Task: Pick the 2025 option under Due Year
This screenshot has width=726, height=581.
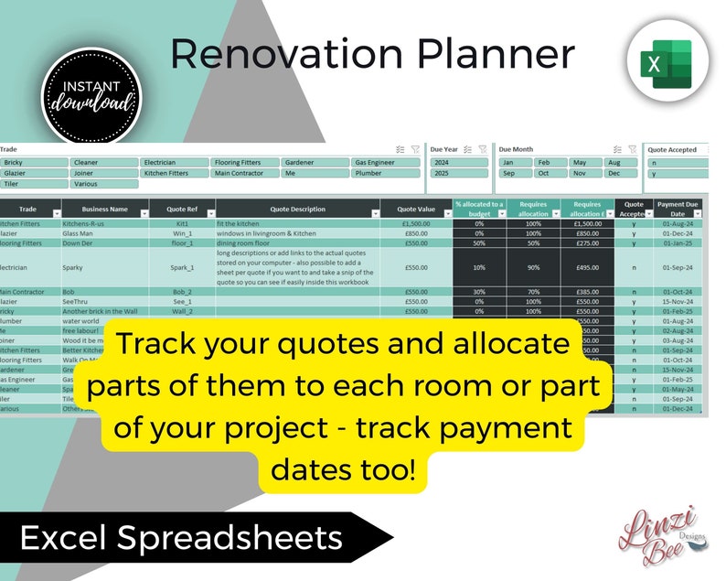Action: pyautogui.click(x=459, y=173)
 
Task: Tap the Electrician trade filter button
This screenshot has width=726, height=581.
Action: pyautogui.click(x=174, y=162)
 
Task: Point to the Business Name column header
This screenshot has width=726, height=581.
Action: pyautogui.click(x=103, y=210)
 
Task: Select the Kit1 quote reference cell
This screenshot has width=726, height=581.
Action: pyautogui.click(x=182, y=223)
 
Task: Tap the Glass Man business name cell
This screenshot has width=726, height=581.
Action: pyautogui.click(x=79, y=233)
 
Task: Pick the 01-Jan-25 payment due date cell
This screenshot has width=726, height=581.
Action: pyautogui.click(x=677, y=243)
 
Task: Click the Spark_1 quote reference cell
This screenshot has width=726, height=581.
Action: pyautogui.click(x=182, y=268)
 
